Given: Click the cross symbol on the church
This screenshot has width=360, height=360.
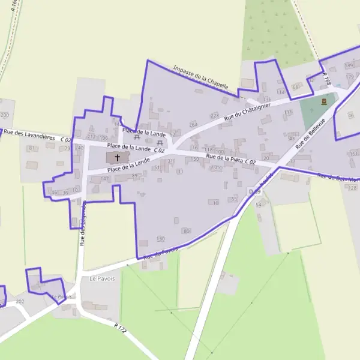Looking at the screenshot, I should pyautogui.click(x=117, y=157).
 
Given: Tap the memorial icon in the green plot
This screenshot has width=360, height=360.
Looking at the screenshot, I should pyautogui.click(x=324, y=102).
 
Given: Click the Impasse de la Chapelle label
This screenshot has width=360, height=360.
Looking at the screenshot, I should pyautogui.click(x=200, y=78).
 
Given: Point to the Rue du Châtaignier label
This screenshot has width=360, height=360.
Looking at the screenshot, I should pyautogui.click(x=247, y=110).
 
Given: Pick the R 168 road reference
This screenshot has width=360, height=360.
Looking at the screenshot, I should pyautogui.click(x=326, y=78).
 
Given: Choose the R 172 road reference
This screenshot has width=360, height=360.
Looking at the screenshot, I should pyautogui.click(x=121, y=328).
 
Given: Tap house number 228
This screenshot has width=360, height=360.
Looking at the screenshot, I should pyautogui.click(x=215, y=115).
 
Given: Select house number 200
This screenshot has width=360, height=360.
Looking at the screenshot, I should pyautogui.click(x=5, y=115).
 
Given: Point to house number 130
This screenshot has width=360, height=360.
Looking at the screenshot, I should pyautogui.click(x=160, y=239).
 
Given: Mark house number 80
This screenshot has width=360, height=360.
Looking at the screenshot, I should pyautogui.click(x=187, y=231).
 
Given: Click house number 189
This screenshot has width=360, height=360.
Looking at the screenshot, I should pyautogui.click(x=349, y=65).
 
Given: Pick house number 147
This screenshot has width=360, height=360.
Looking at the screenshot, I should pyautogui.click(x=105, y=178).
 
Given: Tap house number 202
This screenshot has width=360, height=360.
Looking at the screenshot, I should pyautogui.click(x=20, y=301).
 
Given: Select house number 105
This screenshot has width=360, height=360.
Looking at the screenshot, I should pyautogui.click(x=215, y=167).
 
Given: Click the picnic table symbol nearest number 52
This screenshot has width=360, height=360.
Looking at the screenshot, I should pyautogui.click(x=160, y=143).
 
